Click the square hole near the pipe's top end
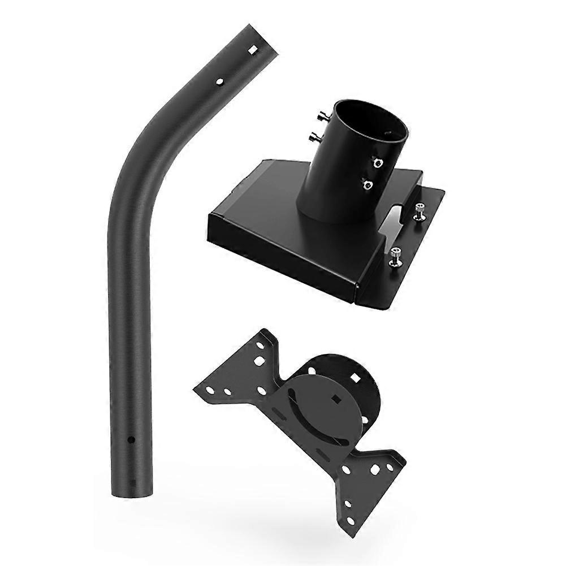[254, 50]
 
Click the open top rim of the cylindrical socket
[370, 116]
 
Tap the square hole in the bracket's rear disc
[356, 376]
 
